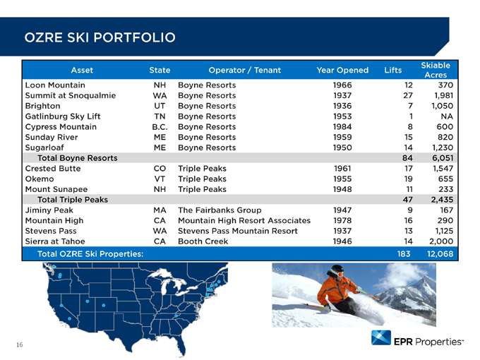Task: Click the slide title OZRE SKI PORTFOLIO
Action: coord(100,37)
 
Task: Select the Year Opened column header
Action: coord(342,70)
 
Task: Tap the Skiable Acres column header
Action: coord(436,70)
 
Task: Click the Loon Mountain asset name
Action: coord(55,85)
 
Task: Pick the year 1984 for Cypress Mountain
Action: coord(342,127)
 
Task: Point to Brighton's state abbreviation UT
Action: coord(160,106)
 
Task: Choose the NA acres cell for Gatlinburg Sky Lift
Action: coord(447,116)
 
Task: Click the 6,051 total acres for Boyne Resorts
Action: coord(443,158)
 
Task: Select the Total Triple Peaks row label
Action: coord(73,200)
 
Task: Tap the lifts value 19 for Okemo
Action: coord(408,179)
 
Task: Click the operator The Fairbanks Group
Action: coord(220,210)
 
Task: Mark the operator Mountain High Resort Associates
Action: coord(244,220)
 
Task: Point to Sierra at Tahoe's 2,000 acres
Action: coord(441,241)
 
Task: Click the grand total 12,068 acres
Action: coord(440,254)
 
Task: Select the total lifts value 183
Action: coord(404,254)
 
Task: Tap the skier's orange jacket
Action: coord(335,289)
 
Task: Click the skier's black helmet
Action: coord(336,270)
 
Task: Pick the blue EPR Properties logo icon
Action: coord(380,337)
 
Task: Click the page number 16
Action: coord(19,345)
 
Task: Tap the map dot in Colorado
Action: coord(104,305)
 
